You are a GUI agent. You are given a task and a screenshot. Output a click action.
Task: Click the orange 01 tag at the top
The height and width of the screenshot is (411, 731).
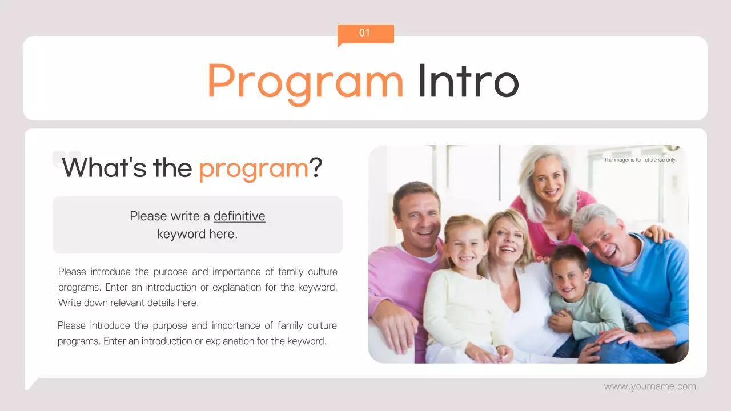365,34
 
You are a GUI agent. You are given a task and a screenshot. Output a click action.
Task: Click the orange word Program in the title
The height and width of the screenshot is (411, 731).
305,81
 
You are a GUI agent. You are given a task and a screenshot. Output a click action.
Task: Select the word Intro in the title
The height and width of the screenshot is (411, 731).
468,81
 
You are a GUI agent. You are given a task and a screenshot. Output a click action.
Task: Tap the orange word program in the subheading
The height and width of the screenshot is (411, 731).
254,168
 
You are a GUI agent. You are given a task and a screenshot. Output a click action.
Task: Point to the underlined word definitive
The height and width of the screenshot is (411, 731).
239,216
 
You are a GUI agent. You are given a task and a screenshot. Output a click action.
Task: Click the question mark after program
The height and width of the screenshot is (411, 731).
316,167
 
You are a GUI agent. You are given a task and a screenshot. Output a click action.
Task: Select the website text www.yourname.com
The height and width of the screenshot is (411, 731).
650,386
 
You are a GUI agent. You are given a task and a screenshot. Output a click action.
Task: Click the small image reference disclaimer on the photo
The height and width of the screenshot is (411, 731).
640,160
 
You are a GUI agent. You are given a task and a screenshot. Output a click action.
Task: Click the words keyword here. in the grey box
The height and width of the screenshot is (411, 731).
197,234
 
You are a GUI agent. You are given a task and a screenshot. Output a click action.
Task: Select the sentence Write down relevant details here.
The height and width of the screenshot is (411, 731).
128,303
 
